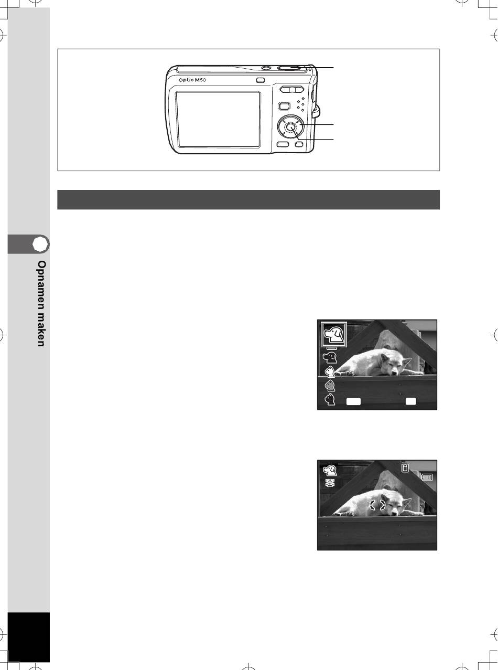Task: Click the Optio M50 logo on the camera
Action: point(192,80)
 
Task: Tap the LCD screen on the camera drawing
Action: point(218,120)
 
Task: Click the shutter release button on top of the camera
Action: point(289,67)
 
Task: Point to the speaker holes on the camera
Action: point(300,104)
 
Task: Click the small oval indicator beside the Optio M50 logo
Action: point(260,80)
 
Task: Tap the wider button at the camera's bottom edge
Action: point(283,145)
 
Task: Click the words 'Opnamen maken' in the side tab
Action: point(41,303)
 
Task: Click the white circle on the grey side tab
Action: point(40,244)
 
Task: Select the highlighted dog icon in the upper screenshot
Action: point(333,335)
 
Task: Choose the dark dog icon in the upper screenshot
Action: point(330,358)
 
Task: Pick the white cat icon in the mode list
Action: point(330,371)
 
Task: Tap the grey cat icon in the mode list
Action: point(330,386)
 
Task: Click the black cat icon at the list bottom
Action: point(330,399)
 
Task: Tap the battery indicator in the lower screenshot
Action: point(427,477)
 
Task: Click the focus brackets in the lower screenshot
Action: point(377,505)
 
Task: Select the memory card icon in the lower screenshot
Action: point(405,468)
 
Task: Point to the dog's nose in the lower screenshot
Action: point(395,514)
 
